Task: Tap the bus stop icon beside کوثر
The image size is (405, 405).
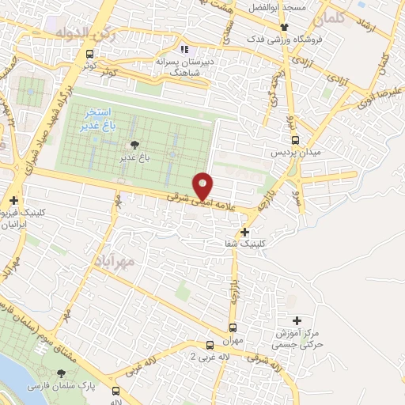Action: pos(89,55)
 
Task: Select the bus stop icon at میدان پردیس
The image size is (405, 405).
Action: pos(294,140)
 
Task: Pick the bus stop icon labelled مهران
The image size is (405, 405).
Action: pos(233,327)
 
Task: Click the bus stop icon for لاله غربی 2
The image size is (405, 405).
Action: pos(210,345)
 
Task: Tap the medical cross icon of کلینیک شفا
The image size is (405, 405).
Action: pos(245,233)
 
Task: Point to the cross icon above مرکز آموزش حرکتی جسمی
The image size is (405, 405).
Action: pos(297,320)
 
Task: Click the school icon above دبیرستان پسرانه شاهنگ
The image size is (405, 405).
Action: pos(184,49)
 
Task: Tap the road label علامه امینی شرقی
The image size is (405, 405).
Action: pos(199,202)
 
